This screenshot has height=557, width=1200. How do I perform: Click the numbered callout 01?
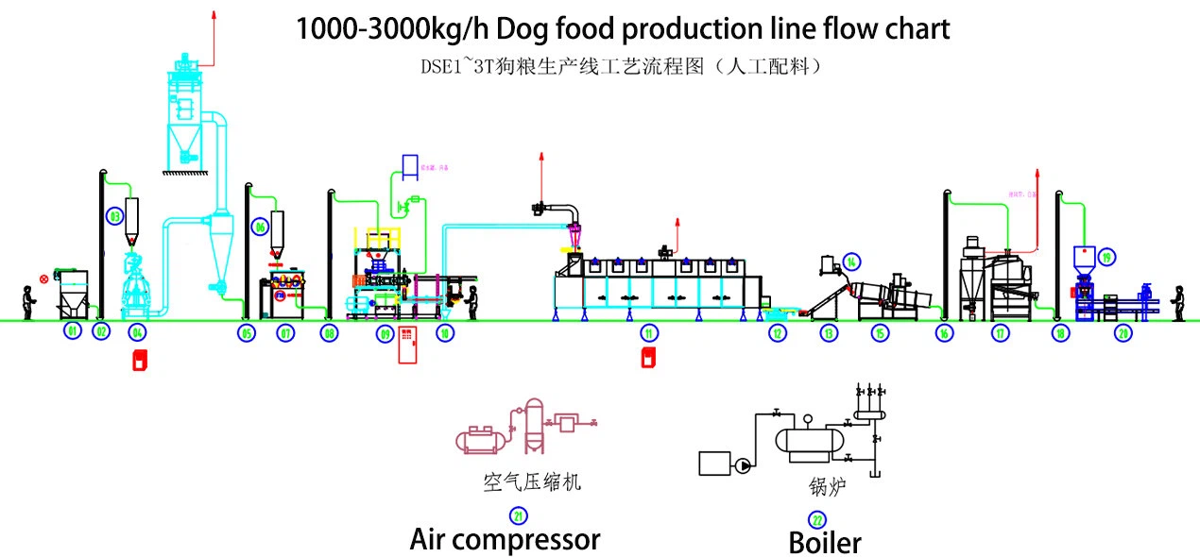(72, 331)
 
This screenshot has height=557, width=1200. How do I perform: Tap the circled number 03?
(115, 216)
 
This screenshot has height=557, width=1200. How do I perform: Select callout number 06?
(260, 227)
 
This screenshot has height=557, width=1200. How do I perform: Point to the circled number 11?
(648, 332)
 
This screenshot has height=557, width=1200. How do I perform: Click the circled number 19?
(1106, 256)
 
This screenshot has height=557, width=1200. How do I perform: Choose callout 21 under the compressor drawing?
(519, 515)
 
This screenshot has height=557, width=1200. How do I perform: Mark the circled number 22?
(817, 519)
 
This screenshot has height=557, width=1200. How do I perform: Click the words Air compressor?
(505, 539)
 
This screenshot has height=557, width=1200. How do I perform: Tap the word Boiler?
(825, 544)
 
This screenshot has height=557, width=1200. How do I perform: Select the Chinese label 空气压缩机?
(526, 482)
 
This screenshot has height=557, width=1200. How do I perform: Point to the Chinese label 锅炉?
(826, 487)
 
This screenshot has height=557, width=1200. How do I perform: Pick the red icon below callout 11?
(649, 359)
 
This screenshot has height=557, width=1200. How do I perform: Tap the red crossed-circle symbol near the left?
(43, 279)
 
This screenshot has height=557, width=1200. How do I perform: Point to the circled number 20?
(1123, 332)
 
